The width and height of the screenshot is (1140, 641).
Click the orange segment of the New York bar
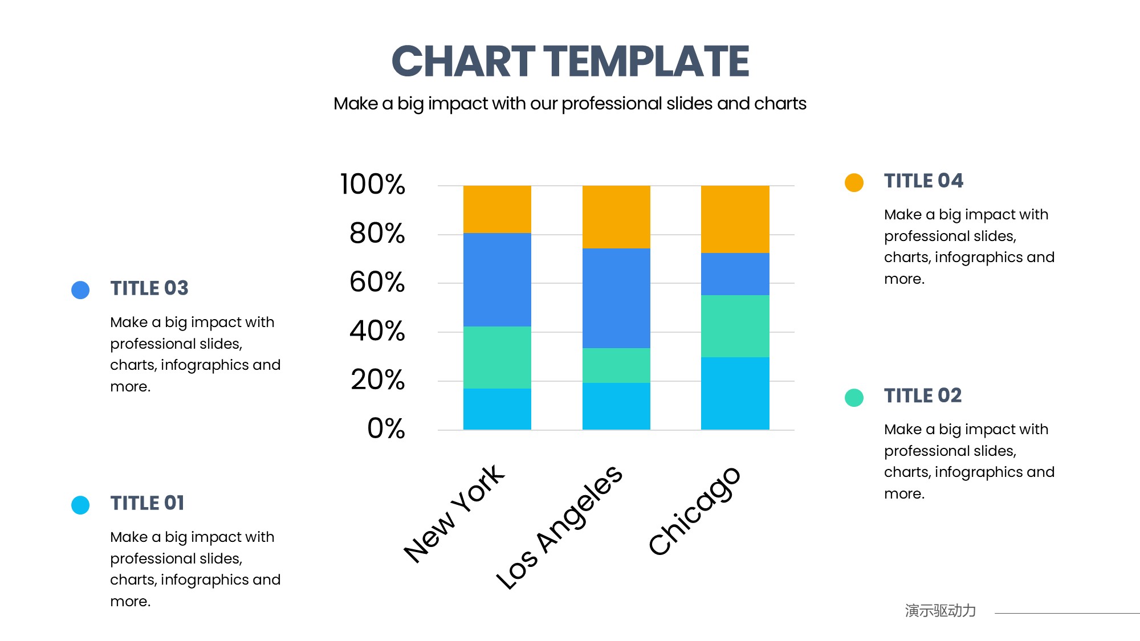(x=497, y=209)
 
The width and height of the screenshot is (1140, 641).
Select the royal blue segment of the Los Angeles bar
(x=616, y=298)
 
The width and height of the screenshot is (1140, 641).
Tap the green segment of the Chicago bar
(x=735, y=326)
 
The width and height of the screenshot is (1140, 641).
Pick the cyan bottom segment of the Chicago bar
(x=735, y=393)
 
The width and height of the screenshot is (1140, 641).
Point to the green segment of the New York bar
(x=497, y=357)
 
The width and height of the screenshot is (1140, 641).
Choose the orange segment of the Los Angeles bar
(x=616, y=217)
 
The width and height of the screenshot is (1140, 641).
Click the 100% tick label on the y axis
(x=373, y=185)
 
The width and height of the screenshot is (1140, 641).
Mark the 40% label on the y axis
(x=377, y=331)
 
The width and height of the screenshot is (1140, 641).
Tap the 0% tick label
(x=386, y=428)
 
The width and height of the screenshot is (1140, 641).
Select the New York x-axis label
(x=454, y=515)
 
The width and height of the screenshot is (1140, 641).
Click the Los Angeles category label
(x=559, y=527)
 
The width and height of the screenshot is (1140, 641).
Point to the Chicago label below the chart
(x=694, y=511)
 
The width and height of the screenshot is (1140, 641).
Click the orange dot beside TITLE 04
(x=854, y=182)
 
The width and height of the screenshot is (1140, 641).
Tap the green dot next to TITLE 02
(x=854, y=397)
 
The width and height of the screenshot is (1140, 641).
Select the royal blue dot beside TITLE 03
(x=80, y=289)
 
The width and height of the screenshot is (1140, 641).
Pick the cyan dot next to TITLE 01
(x=80, y=505)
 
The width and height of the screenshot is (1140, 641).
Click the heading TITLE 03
(x=149, y=288)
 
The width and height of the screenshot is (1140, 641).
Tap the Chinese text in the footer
(x=940, y=611)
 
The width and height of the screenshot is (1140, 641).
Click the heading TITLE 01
(x=147, y=503)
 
